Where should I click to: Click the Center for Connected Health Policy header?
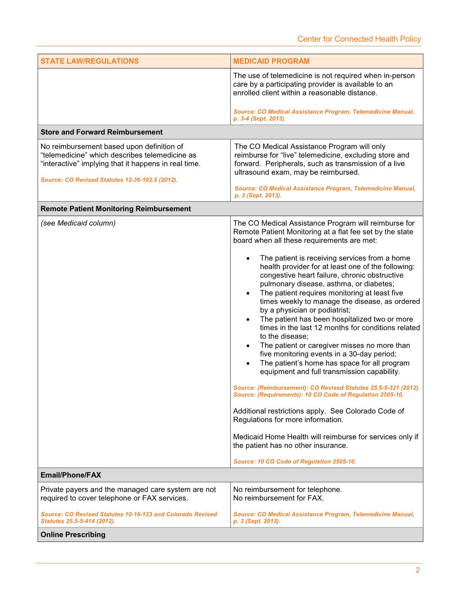point(359,39)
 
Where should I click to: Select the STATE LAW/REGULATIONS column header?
point(90,61)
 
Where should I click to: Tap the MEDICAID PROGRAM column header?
point(271,61)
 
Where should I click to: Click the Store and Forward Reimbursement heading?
point(101,132)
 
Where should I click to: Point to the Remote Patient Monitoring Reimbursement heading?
point(116,209)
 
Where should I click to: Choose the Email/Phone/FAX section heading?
point(71,475)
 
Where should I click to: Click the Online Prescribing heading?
point(73,534)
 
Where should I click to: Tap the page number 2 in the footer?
point(417,570)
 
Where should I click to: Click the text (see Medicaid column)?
point(78,223)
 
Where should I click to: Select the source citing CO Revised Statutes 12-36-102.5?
point(109,180)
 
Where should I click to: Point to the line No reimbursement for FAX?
point(278,498)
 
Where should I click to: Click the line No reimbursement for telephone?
point(287,489)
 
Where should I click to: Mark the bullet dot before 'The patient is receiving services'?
point(248,258)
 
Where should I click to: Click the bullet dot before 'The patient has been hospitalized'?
point(248,319)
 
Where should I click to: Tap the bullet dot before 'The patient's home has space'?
point(248,363)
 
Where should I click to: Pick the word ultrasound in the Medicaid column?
point(252,172)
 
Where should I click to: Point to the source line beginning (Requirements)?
point(318,395)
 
